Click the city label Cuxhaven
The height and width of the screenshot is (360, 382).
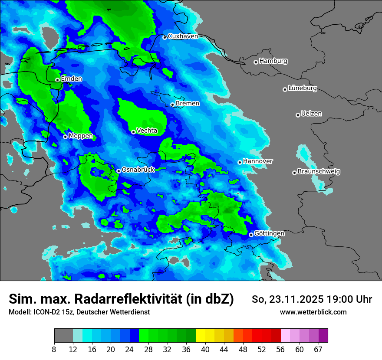tap(183, 36)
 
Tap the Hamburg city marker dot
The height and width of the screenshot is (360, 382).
tap(256, 62)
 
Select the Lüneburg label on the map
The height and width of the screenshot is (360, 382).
tap(303, 88)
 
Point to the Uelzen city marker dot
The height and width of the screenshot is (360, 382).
tap(298, 115)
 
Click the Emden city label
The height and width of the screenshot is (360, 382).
tap(71, 79)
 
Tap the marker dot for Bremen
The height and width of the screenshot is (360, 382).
tap(172, 105)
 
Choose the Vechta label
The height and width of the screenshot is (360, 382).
tap(147, 131)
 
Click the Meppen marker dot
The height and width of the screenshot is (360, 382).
tap(65, 137)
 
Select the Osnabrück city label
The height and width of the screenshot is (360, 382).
tap(138, 170)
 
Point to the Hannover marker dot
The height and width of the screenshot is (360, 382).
tap(240, 162)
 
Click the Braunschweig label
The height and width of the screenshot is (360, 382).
tap(319, 172)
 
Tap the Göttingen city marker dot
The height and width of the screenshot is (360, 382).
tap(251, 235)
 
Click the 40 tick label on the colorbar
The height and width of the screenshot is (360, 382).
tap(205, 349)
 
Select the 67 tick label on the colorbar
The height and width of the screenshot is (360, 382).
tap(318, 349)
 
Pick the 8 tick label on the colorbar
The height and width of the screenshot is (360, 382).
tap(54, 349)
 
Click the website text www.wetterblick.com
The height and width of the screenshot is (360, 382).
tap(313, 312)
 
